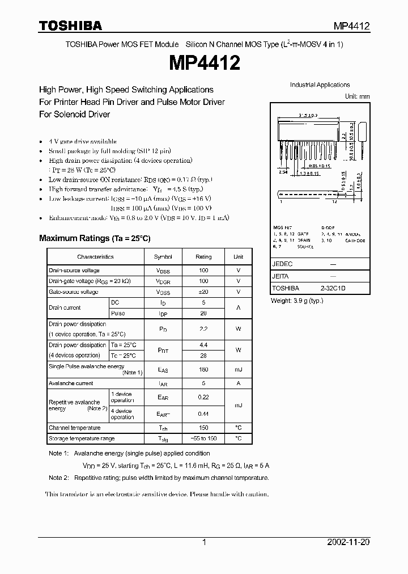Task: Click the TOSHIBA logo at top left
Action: [x=71, y=26]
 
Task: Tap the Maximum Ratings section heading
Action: [x=95, y=239]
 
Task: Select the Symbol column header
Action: [x=163, y=257]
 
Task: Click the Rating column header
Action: [x=203, y=257]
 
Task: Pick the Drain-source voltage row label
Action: [x=74, y=271]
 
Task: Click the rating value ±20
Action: [x=203, y=292]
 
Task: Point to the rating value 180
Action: [x=203, y=370]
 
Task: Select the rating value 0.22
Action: [x=203, y=397]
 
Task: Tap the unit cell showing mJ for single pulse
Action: [x=239, y=370]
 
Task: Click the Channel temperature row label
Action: [x=75, y=428]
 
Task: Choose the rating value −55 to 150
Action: [x=203, y=438]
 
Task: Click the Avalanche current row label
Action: [x=71, y=383]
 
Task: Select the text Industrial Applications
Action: [x=320, y=85]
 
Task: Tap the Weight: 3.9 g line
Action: [x=297, y=300]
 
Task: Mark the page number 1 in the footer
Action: [x=204, y=542]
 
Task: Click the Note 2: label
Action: [x=58, y=478]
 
